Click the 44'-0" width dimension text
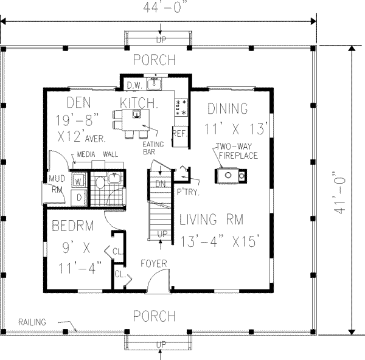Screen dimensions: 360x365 (161, 8)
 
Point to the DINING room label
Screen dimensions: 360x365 (228, 109)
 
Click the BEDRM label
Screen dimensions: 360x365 (72, 226)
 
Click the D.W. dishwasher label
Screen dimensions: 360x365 (134, 85)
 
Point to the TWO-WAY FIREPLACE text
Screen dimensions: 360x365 (237, 151)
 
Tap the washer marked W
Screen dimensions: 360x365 (78, 181)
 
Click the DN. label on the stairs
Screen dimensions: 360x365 (159, 183)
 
